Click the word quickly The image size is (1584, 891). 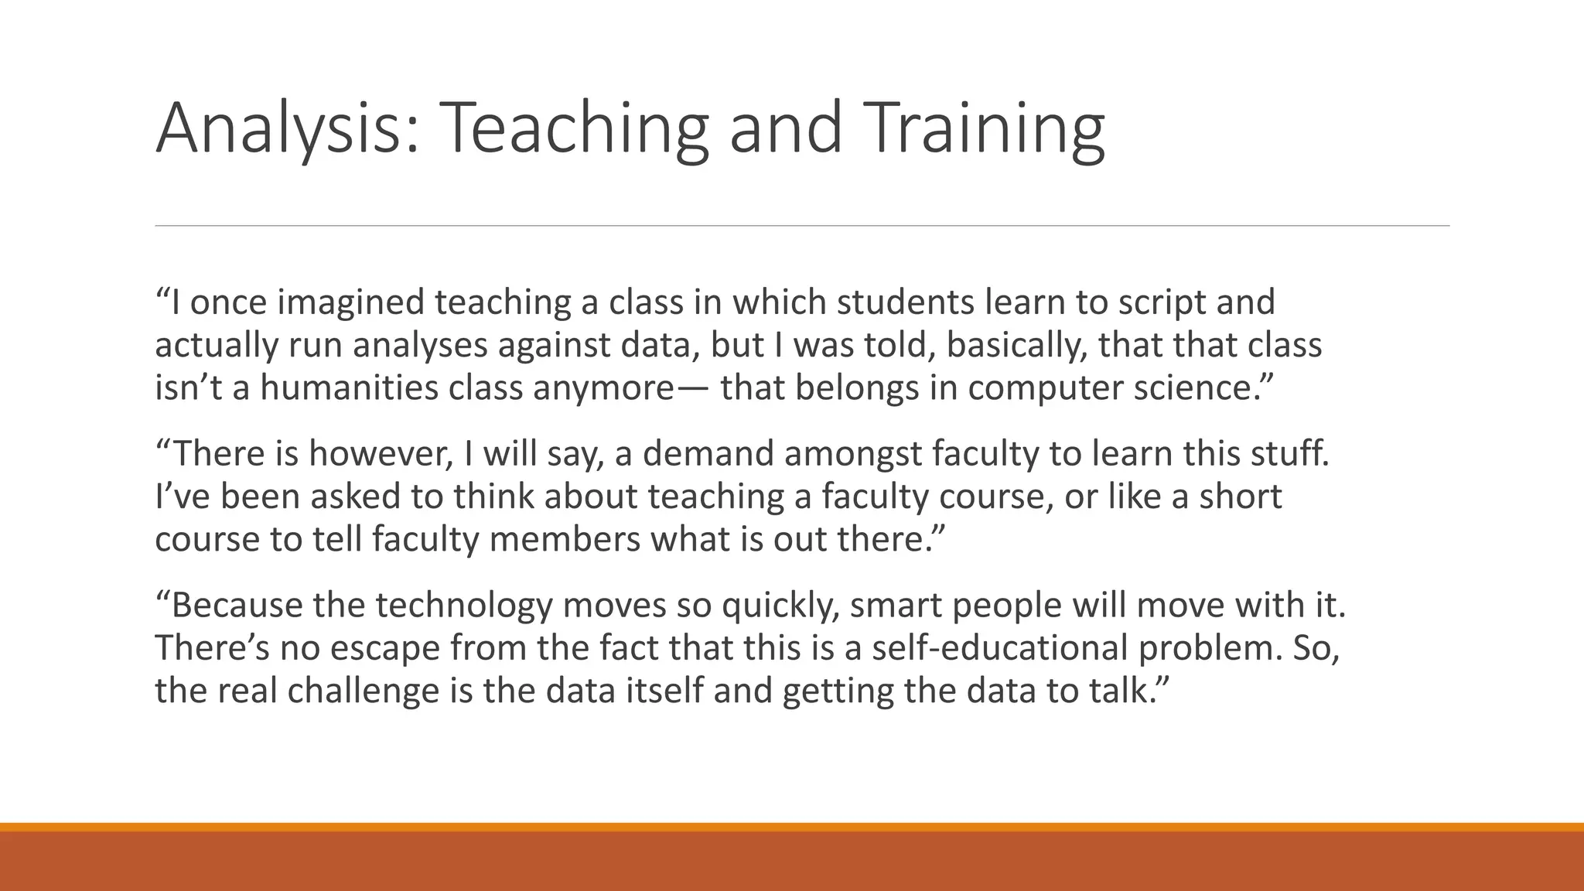point(780,605)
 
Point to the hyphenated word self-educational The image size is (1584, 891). point(999,647)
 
